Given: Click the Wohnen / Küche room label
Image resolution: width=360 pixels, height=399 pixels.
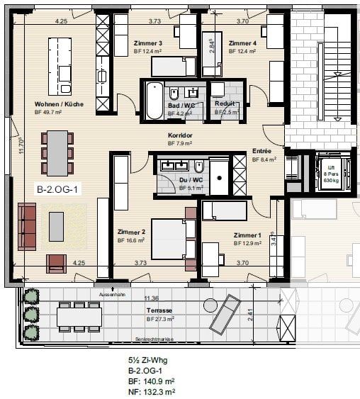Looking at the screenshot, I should click(59, 104).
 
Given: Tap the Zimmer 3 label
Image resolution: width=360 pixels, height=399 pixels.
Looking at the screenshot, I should click(148, 43).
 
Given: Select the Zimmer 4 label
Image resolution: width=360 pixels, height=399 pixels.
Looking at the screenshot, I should click(243, 43).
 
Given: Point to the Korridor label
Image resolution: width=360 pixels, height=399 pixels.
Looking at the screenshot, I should click(181, 135).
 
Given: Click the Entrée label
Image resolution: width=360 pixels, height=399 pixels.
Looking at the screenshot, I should click(261, 152).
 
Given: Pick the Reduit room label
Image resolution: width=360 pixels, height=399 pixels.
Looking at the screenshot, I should click(225, 103).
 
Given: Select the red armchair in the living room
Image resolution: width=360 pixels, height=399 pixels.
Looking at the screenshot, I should click(56, 264).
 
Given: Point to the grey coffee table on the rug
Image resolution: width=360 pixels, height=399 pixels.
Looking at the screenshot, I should click(56, 226).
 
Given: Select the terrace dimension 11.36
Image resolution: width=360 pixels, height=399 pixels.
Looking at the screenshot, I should click(150, 298).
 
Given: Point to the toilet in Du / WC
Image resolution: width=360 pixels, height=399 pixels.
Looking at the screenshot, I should click(200, 167).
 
